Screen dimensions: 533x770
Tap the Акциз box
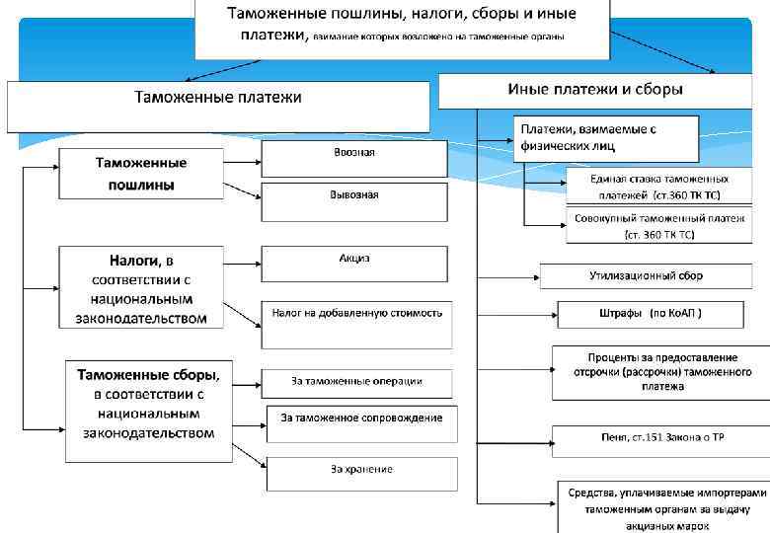[354, 263]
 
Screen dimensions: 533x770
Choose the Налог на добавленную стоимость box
[356, 324]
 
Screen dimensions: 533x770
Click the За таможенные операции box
[356, 382]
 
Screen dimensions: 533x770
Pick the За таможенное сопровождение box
[361, 422]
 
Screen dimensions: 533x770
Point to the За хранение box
[361, 473]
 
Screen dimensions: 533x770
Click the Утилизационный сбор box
[647, 276]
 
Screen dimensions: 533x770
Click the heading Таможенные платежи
[218, 99]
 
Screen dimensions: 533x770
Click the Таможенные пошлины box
[141, 174]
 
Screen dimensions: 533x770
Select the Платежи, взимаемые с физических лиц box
[605, 138]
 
